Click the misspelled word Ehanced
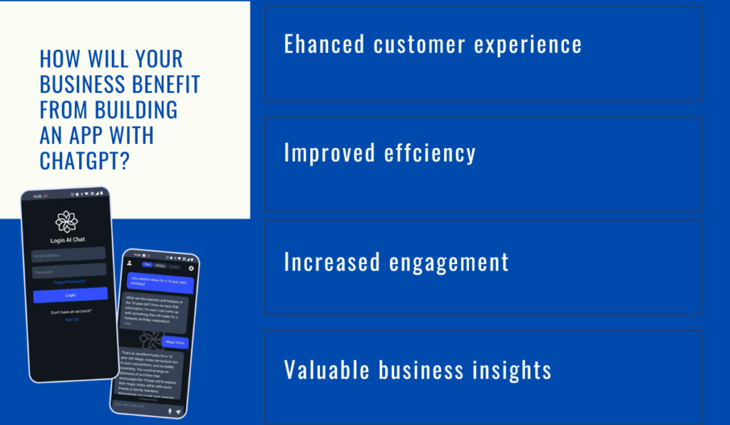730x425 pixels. (x=324, y=44)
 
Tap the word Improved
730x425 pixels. (x=325, y=153)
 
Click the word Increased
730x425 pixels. (x=331, y=262)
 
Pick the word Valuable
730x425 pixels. (x=327, y=370)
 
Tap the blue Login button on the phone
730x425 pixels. (x=70, y=295)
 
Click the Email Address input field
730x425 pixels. (x=68, y=254)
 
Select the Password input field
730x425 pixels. (x=69, y=271)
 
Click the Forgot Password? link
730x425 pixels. (x=70, y=282)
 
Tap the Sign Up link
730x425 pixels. (x=71, y=320)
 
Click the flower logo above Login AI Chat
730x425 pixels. (x=66, y=221)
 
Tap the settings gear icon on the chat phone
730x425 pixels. (x=191, y=268)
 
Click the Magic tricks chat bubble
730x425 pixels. (x=175, y=343)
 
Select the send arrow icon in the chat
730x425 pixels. (x=178, y=411)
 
